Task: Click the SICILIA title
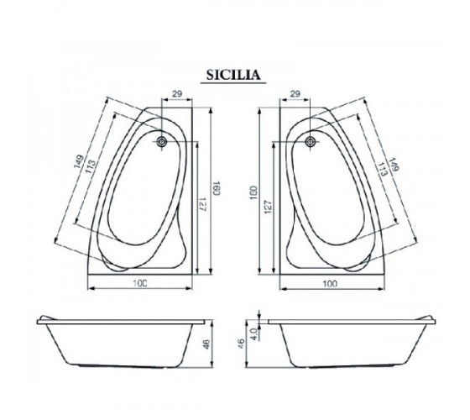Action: click(233, 75)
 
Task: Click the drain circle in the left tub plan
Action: click(162, 141)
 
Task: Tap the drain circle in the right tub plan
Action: click(311, 141)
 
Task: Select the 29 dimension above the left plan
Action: click(177, 94)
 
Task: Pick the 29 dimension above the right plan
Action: click(295, 94)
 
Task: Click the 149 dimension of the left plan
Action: click(79, 161)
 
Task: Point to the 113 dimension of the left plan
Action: click(91, 166)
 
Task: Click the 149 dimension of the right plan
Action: click(394, 165)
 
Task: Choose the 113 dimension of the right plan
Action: click(382, 170)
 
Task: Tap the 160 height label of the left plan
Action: click(217, 188)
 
